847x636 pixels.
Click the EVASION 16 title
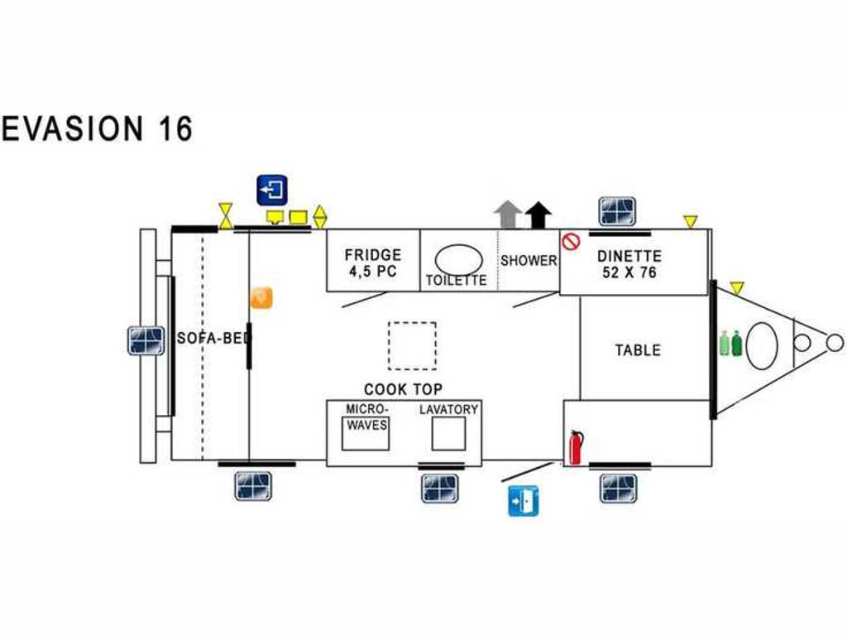point(98,128)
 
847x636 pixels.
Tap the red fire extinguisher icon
point(576,447)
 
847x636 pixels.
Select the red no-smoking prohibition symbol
point(571,241)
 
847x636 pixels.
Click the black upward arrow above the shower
point(538,214)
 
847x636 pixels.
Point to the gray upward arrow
point(507,214)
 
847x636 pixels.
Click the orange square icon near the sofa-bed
point(261,298)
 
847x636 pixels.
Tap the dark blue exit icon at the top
point(271,190)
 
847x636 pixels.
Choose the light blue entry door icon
point(523,501)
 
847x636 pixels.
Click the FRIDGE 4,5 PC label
point(373,263)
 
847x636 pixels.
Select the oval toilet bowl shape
point(458,259)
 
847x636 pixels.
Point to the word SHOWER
point(529,261)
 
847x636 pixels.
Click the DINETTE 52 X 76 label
point(629,264)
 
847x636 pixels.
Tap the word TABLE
point(638,350)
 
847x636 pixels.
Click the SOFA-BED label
point(214,338)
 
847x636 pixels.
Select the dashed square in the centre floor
point(412,346)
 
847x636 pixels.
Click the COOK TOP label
point(403,389)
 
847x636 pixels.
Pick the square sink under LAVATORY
point(448,434)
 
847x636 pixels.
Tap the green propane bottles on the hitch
point(731,344)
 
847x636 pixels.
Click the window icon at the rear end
point(146,340)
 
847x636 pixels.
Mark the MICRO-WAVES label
point(366,417)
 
